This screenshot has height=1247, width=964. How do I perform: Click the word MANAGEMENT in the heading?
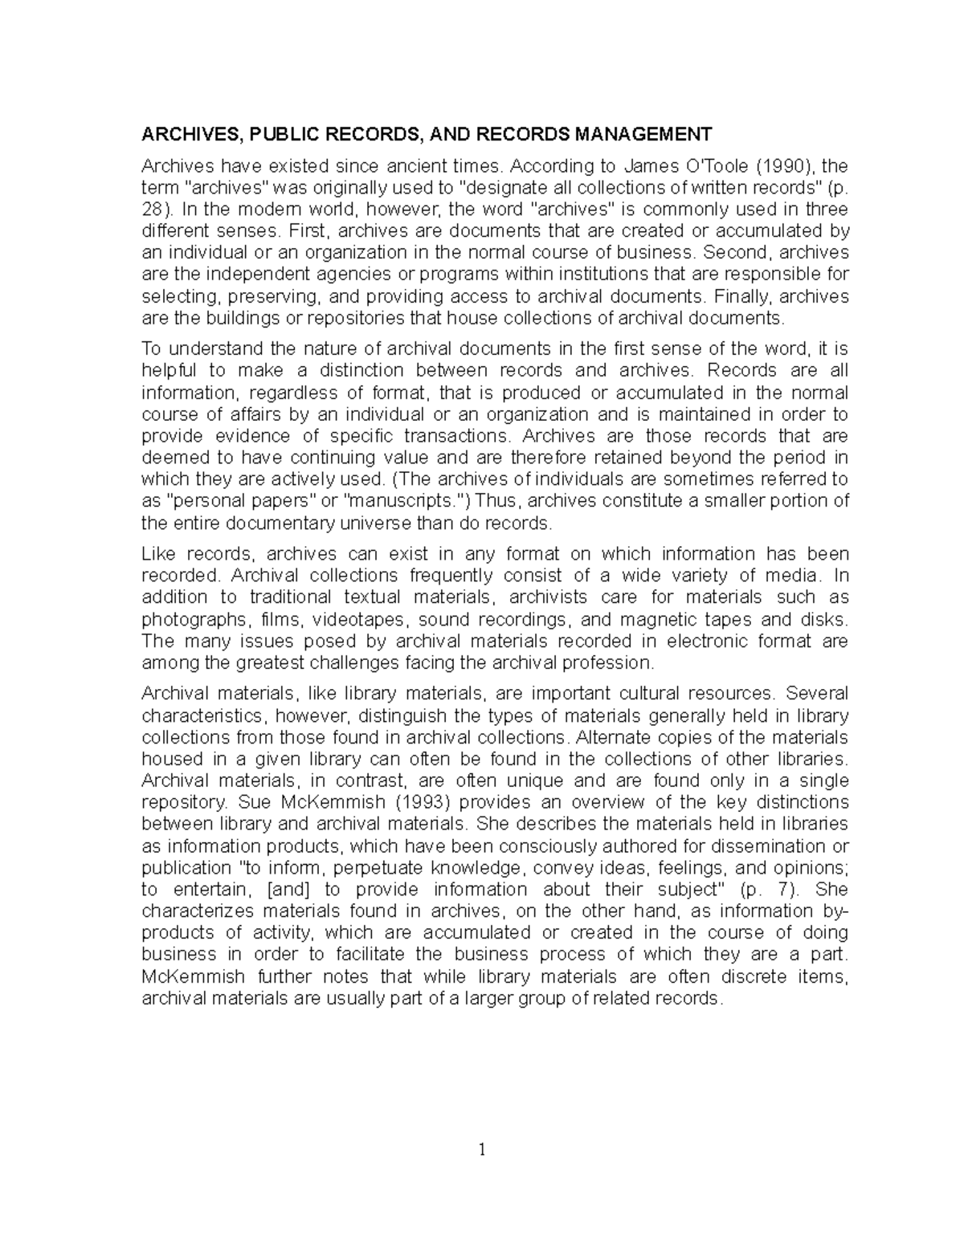pyautogui.click(x=641, y=133)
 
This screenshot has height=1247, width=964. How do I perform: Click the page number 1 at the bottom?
pyautogui.click(x=482, y=1150)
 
